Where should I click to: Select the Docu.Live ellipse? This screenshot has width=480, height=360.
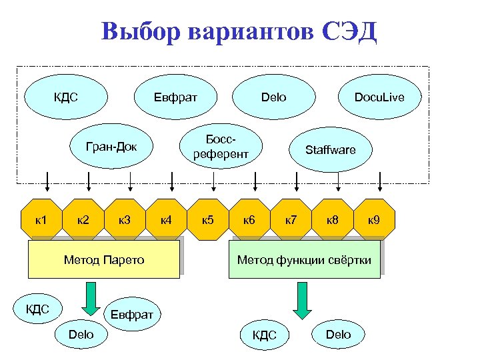(379, 97)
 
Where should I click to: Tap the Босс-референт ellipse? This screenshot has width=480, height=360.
(221, 148)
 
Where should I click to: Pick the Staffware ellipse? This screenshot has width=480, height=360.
(330, 149)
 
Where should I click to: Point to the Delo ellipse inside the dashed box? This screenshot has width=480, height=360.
(273, 97)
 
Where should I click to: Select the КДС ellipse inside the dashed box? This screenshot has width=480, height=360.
(66, 97)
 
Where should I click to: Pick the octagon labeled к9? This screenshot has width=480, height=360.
(374, 219)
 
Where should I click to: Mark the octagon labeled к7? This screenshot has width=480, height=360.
(291, 219)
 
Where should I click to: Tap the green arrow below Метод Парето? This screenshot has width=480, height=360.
(89, 298)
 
